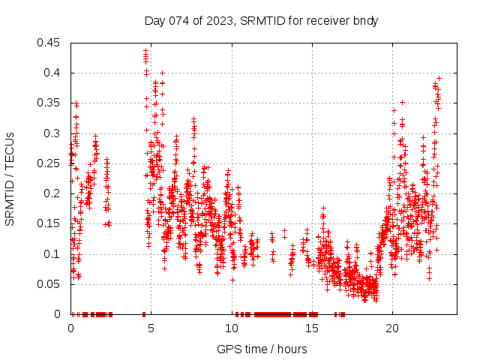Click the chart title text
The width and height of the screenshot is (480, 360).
261,20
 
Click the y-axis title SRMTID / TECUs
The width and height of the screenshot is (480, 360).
10,178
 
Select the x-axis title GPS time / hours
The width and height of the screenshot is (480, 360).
262,349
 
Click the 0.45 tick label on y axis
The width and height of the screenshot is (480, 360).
50,43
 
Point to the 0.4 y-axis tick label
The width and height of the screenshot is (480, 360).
53,73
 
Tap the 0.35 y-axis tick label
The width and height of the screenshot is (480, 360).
50,103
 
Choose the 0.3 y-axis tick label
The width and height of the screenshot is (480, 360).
53,133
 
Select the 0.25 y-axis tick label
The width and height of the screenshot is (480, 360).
50,163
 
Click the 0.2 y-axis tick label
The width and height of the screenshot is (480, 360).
53,193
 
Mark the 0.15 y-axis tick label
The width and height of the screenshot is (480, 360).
50,223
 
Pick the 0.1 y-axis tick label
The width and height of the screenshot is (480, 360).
53,253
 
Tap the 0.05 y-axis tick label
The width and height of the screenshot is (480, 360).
50,284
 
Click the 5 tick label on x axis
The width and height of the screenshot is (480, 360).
151,328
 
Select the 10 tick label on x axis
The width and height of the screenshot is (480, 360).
232,328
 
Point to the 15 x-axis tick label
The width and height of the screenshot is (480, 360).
312,328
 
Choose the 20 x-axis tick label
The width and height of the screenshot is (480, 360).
392,328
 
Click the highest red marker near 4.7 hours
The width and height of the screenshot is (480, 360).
146,50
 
